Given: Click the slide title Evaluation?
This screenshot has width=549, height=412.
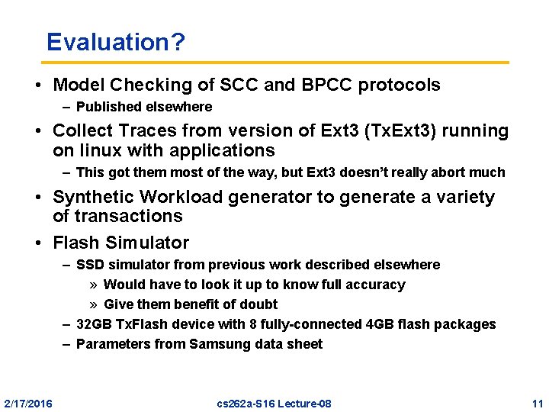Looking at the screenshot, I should click(x=115, y=42).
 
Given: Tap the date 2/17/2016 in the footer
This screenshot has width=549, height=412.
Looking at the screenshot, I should click(x=28, y=403).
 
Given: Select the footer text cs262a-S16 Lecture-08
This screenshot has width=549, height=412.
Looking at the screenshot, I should click(x=274, y=403).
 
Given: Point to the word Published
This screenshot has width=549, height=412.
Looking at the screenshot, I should click(x=107, y=107).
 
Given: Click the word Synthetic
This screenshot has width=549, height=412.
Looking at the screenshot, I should click(x=94, y=197).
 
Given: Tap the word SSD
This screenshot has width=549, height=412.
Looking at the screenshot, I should click(x=91, y=265).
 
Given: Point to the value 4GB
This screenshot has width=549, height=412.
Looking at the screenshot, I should click(x=375, y=324).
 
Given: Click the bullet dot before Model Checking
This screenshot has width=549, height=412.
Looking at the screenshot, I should click(x=38, y=85).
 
